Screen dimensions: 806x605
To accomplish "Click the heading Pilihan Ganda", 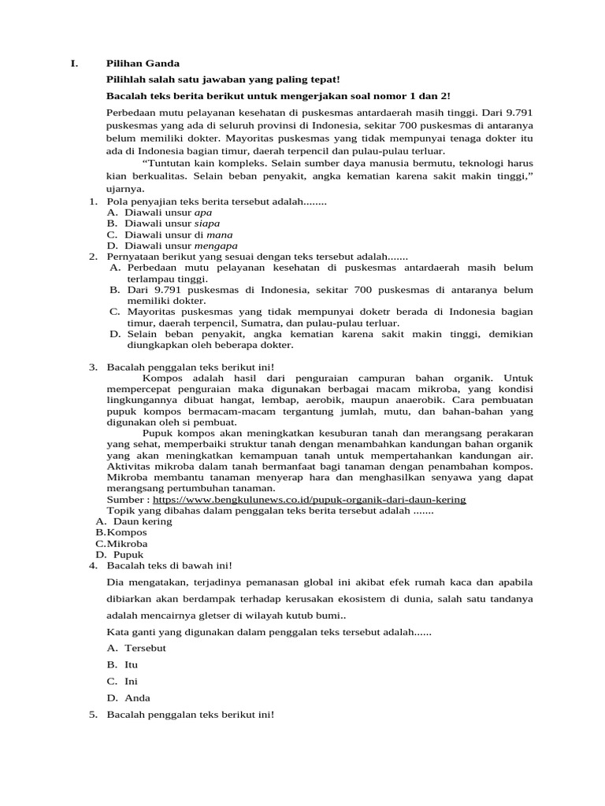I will (143, 63).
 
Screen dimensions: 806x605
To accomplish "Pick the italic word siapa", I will (207, 224).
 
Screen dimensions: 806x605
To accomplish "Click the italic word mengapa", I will (214, 246).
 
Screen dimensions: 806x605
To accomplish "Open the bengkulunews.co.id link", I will (309, 499).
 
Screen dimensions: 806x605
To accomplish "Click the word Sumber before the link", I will (125, 499).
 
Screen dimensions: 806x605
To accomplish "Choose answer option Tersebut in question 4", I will (146, 648).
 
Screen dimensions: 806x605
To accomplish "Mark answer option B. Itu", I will (131, 664).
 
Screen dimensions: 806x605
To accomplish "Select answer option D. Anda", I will (137, 697).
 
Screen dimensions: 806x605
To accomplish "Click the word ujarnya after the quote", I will (126, 190).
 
